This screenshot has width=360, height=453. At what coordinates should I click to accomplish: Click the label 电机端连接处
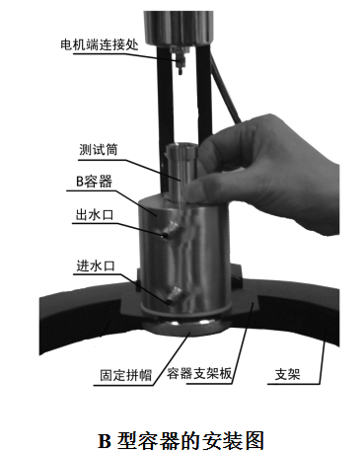[x=100, y=44]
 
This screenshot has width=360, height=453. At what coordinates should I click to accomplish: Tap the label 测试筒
[x=99, y=150]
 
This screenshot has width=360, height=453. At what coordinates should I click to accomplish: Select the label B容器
[x=94, y=182]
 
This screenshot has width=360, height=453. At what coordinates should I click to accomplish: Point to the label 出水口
[x=95, y=215]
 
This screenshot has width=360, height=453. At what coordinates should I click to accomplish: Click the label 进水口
[x=96, y=265]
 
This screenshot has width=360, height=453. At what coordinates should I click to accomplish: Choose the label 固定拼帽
[x=126, y=375]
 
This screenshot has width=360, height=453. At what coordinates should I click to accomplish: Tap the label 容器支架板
[x=199, y=373]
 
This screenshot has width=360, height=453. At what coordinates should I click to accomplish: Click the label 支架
[x=288, y=374]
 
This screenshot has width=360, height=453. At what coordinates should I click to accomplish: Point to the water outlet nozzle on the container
[x=171, y=230]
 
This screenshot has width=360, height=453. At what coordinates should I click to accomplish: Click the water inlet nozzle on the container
[x=174, y=295]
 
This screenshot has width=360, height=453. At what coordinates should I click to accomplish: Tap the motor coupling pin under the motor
[x=180, y=61]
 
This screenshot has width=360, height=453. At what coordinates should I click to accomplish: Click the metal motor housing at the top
[x=179, y=28]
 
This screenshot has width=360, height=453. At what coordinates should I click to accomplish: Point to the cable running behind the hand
[x=224, y=88]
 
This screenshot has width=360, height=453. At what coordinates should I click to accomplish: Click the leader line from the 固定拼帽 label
[x=173, y=358]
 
